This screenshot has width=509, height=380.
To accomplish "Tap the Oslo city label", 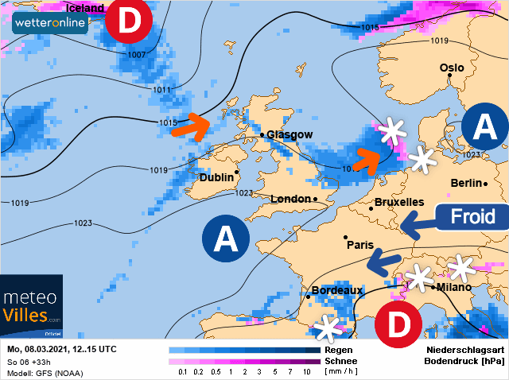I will point(452,68).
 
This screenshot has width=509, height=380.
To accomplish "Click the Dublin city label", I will point(216,177).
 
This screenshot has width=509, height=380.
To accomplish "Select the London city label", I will point(292,199).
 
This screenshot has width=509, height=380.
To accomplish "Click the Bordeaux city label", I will point(336,291).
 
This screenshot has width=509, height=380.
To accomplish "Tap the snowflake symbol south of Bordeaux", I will point(328,327).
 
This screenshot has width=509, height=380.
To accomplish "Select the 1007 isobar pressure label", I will point(136,55).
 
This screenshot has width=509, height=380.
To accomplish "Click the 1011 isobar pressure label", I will point(161,90).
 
